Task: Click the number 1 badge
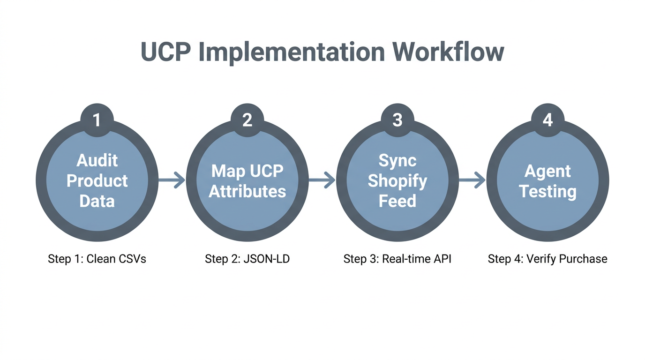97,120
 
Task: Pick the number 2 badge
247,120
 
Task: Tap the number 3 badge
397,120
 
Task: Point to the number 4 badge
547,120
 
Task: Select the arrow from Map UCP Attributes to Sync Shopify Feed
322,180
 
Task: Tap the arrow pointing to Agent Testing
472,180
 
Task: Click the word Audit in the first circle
97,160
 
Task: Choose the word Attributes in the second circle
247,191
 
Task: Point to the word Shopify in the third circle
397,181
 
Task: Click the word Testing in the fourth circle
547,191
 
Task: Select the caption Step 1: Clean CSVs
97,259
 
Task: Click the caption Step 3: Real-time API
397,259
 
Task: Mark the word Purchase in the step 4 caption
584,259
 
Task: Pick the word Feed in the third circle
397,201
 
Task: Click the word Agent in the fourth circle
547,171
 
